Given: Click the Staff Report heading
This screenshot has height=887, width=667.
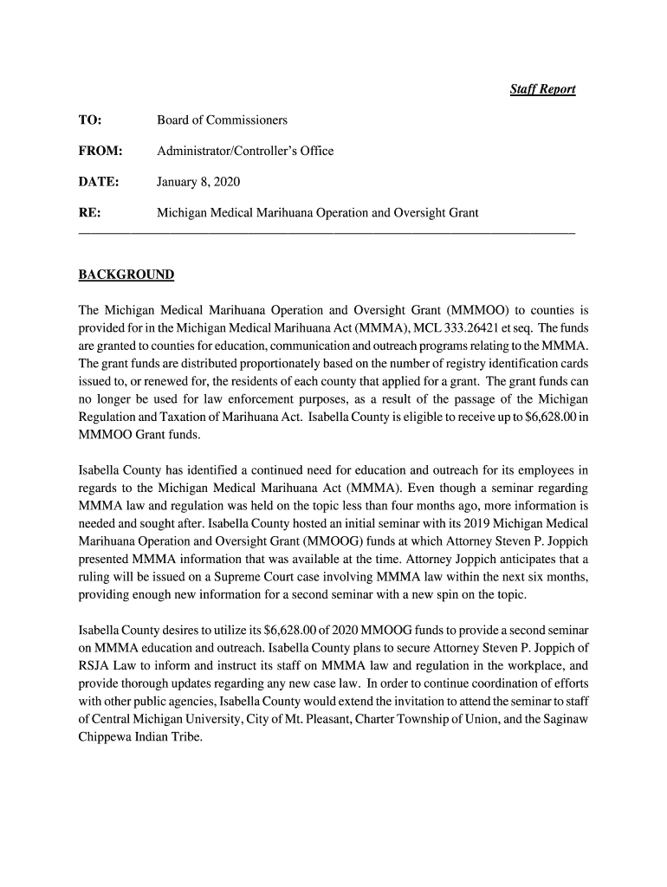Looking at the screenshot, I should coord(542,89).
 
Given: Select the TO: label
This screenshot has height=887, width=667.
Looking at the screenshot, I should coord(90,120).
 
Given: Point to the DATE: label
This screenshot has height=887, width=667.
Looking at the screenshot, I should coord(98,182).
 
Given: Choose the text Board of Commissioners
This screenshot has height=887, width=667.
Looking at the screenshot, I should coord(222,120).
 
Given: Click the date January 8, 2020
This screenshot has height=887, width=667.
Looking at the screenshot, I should coord(198,182).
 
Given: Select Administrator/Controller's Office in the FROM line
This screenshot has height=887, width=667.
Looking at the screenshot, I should coord(245,151).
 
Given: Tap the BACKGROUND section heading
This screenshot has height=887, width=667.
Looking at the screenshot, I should coord(126,275).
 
